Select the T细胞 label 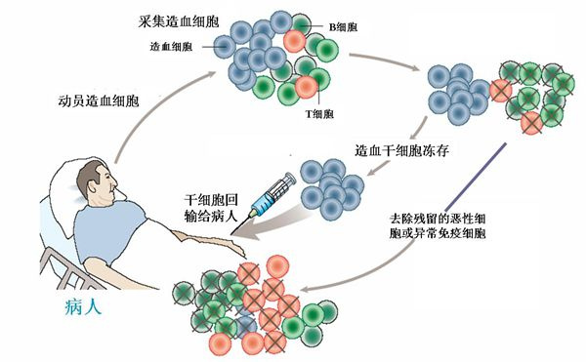point(320,112)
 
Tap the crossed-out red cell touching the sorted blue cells point(501,92)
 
